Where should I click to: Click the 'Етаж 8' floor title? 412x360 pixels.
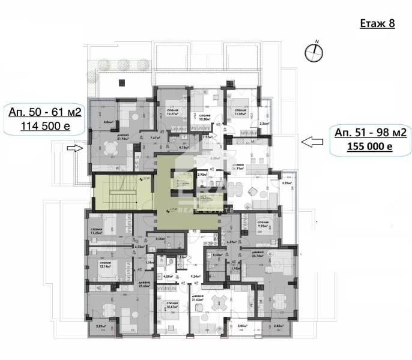point(377,24)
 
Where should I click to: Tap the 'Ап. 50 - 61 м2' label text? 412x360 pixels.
point(44,112)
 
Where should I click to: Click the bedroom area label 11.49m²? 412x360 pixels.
point(240,113)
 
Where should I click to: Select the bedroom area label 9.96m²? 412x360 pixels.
point(262,226)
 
